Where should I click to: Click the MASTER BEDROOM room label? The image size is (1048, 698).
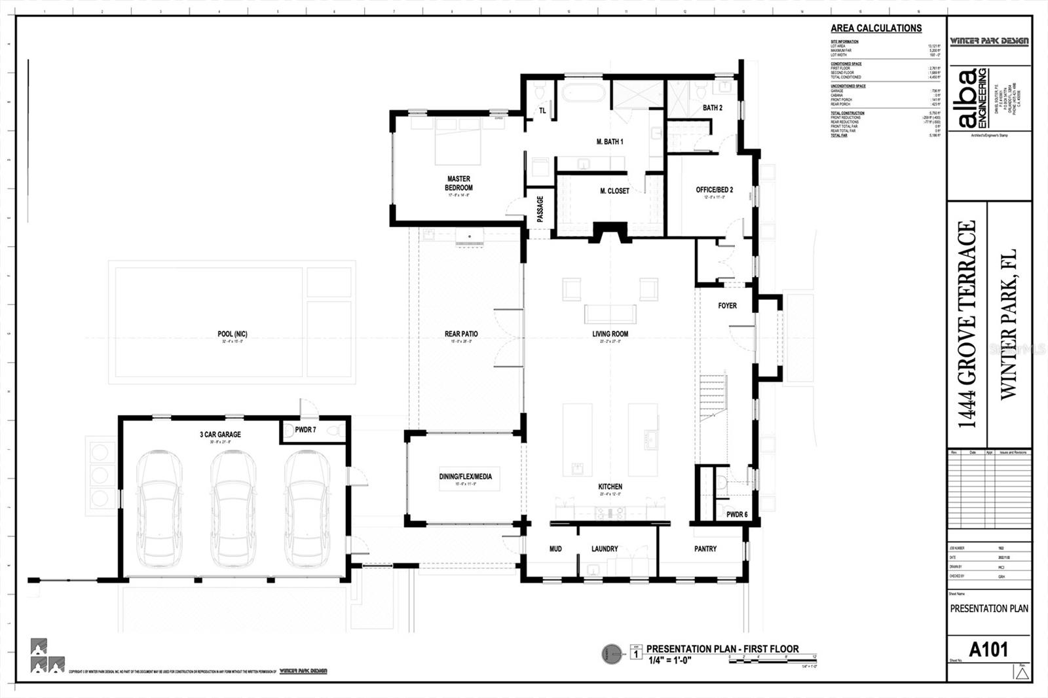pyautogui.click(x=458, y=183)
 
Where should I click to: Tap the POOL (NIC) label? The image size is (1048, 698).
pyautogui.click(x=233, y=334)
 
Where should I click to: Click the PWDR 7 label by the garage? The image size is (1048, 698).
pyautogui.click(x=305, y=430)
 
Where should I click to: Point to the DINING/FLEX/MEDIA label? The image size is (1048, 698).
pyautogui.click(x=465, y=477)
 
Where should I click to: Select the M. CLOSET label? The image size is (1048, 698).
pyautogui.click(x=614, y=191)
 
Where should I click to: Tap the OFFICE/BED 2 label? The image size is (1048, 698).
pyautogui.click(x=714, y=190)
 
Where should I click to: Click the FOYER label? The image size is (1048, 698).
pyautogui.click(x=727, y=306)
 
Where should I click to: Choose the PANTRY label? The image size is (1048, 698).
pyautogui.click(x=705, y=549)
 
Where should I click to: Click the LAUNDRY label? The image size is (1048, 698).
pyautogui.click(x=605, y=549)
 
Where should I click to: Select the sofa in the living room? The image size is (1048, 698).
pyautogui.click(x=610, y=314)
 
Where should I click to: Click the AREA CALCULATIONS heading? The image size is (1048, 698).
pyautogui.click(x=876, y=28)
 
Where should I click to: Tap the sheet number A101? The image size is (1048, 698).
pyautogui.click(x=988, y=650)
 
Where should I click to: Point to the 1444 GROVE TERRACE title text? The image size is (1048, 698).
pyautogui.click(x=967, y=324)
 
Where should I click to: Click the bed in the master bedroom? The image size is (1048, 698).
pyautogui.click(x=458, y=141)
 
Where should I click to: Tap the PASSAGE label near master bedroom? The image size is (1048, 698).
pyautogui.click(x=540, y=210)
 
